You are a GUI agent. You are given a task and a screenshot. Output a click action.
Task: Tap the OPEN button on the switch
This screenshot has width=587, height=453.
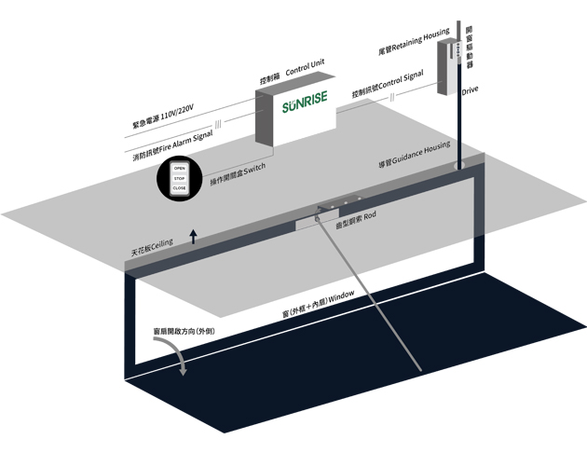(x=180, y=168)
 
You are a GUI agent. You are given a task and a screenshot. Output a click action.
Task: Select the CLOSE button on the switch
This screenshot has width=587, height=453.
(x=180, y=188)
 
